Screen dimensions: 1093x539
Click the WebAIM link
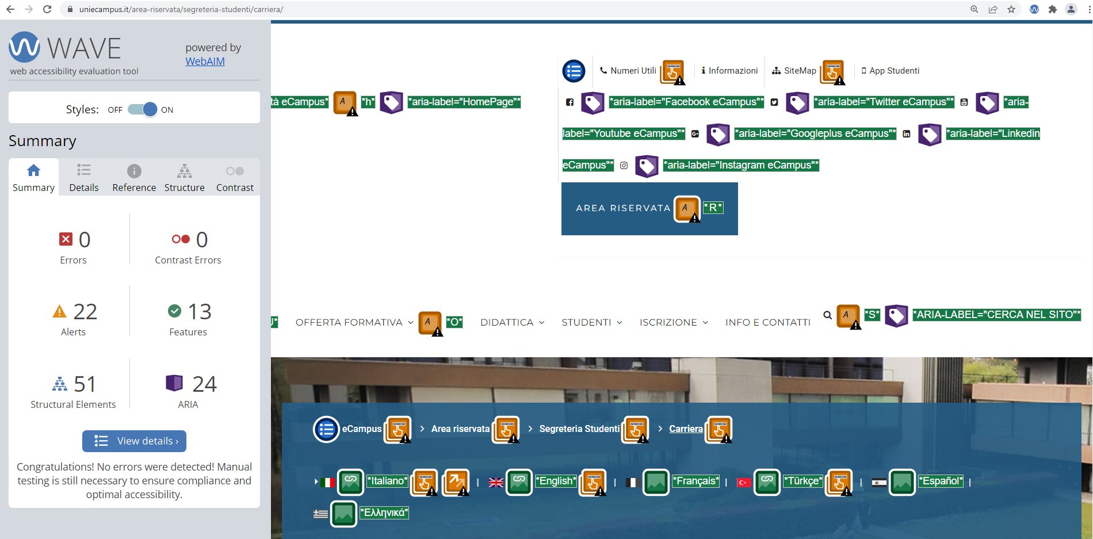click(205, 62)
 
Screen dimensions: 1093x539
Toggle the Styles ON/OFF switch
click(142, 109)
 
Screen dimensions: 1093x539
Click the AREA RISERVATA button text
click(623, 208)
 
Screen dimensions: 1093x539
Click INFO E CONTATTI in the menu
click(768, 322)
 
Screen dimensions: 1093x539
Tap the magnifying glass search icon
click(827, 315)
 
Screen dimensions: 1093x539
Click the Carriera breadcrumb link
click(686, 429)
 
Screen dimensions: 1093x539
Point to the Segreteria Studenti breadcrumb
click(579, 429)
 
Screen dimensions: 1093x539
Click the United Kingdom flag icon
click(496, 483)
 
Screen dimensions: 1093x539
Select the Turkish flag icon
click(744, 483)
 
